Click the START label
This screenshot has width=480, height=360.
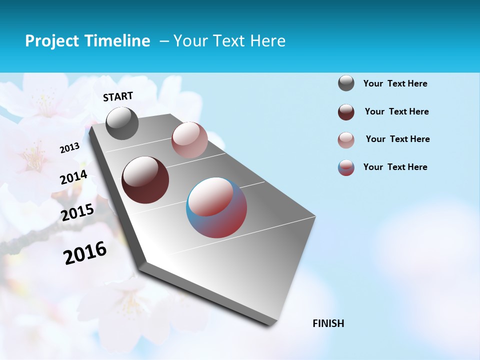[x=118, y=96]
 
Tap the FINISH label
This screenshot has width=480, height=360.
[x=328, y=323]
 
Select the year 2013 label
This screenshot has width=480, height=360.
[x=70, y=147]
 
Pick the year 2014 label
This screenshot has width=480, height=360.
[x=73, y=177]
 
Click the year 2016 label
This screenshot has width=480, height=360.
[x=85, y=252]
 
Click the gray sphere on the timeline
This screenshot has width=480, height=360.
[x=122, y=123]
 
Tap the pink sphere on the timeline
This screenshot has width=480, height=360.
[x=189, y=140]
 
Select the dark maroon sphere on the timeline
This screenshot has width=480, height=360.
[x=145, y=180]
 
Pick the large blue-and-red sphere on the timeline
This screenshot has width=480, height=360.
[x=216, y=207]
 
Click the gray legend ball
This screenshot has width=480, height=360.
[x=346, y=83]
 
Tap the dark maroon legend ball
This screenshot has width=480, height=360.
[x=346, y=112]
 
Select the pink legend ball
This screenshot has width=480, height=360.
[x=346, y=140]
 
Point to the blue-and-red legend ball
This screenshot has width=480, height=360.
[x=346, y=167]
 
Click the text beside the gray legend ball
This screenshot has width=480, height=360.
[x=395, y=84]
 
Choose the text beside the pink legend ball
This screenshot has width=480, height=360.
[x=397, y=139]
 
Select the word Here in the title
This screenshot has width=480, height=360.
[x=267, y=41]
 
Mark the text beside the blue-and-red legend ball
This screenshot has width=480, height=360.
[x=395, y=167]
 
